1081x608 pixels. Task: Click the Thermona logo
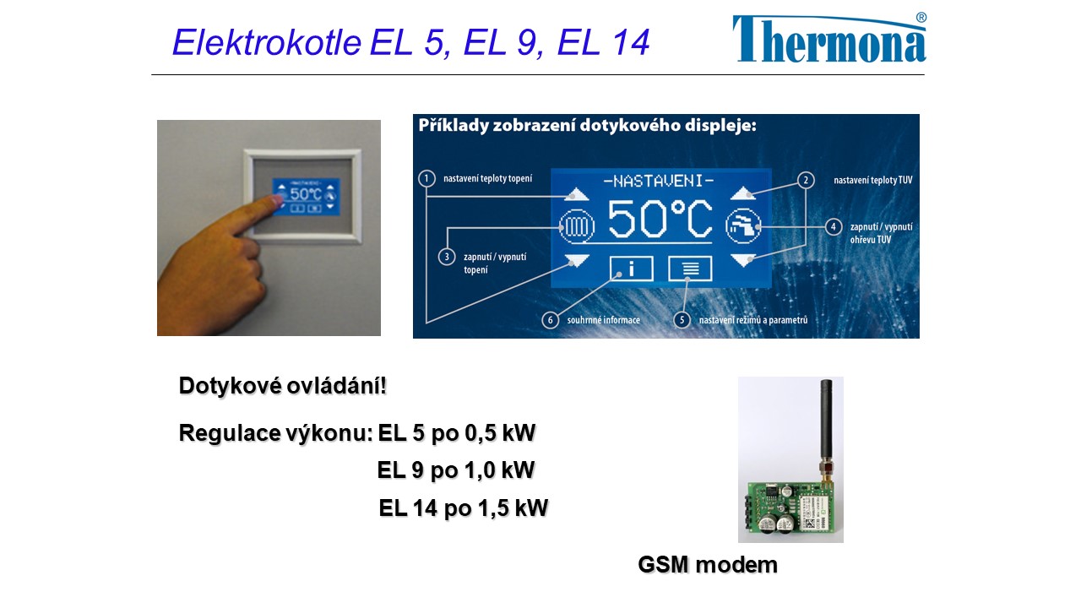829,38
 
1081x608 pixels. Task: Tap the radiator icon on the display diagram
577,225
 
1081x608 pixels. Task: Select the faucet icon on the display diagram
743,225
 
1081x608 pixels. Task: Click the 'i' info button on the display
631,268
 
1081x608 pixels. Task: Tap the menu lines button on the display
690,268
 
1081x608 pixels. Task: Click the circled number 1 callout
426,178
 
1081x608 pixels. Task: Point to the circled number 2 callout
806,181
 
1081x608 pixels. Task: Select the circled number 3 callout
447,257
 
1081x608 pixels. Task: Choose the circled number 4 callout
834,227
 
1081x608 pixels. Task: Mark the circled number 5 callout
682,319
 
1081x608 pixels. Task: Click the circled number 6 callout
550,319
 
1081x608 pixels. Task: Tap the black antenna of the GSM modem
826,421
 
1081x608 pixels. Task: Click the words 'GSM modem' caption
708,565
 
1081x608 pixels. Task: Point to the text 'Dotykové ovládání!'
283,386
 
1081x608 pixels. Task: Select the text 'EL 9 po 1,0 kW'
456,470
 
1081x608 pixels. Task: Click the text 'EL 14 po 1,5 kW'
464,508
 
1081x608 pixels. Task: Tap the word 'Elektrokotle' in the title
267,42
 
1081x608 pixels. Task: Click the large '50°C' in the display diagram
660,220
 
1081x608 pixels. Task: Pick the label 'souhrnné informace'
604,320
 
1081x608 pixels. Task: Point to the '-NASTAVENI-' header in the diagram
659,181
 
